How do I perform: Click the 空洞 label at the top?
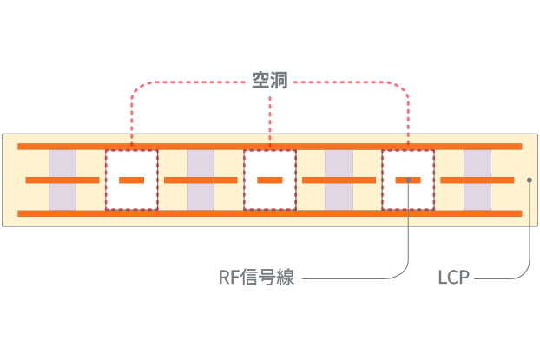click(x=270, y=81)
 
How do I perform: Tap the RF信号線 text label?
click(x=256, y=278)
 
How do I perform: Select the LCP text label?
click(x=453, y=278)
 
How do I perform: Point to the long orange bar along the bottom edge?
click(x=269, y=213)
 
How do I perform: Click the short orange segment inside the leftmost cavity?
click(x=132, y=180)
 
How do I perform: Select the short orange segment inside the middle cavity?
click(x=270, y=180)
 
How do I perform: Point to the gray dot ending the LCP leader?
click(x=530, y=180)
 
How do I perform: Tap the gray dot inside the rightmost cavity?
click(x=408, y=180)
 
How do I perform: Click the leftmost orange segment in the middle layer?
click(x=63, y=180)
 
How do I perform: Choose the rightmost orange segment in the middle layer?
click(x=477, y=180)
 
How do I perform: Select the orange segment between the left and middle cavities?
click(x=201, y=180)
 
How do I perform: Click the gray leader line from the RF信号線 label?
click(x=347, y=278)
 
